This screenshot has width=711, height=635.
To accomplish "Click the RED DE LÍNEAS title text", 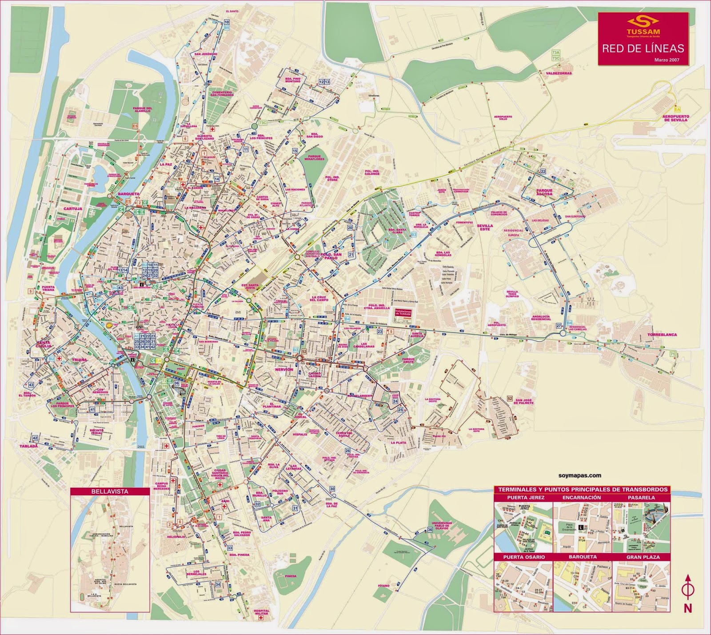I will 643,48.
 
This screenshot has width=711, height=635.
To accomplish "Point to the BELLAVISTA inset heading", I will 110,491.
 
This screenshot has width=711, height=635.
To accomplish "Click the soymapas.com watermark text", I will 580,475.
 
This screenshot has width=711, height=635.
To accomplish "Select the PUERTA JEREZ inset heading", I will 523,498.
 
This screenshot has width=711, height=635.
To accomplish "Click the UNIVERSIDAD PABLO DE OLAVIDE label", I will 441,526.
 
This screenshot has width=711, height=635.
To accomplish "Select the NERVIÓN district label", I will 284,369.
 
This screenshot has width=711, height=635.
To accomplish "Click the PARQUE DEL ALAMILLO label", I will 143,109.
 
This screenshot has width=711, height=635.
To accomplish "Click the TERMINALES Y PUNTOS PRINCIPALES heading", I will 582,489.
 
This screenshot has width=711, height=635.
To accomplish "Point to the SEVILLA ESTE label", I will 484,227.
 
